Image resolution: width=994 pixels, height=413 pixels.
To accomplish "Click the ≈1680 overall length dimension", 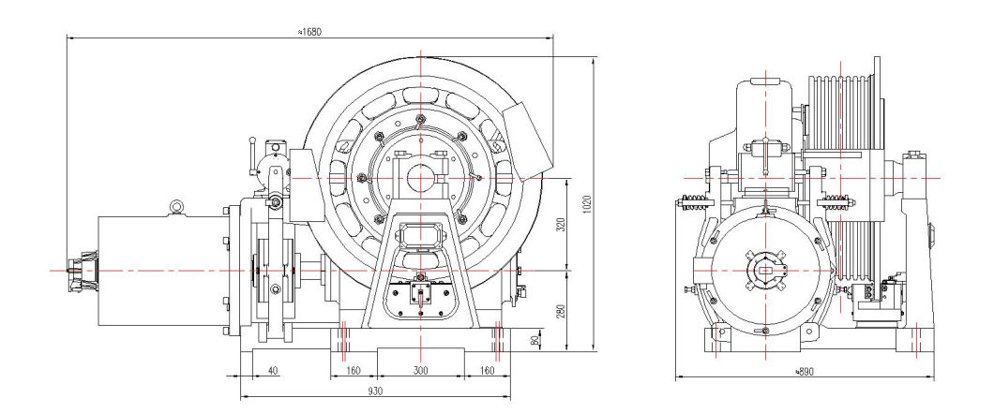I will tap(310, 31).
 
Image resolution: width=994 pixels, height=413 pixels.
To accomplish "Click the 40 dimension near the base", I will tap(272, 372).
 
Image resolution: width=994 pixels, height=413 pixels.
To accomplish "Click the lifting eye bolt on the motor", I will tap(176, 206).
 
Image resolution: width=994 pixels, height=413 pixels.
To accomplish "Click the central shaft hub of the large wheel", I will tap(420, 178).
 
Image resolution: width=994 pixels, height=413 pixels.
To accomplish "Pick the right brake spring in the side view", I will tap(840, 199).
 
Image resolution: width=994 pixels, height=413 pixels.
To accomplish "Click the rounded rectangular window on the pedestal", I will tap(419, 233).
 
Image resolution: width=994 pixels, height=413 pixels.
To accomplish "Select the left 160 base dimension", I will tap(353, 372).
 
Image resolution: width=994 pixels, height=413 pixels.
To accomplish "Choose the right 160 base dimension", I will tap(486, 372).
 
